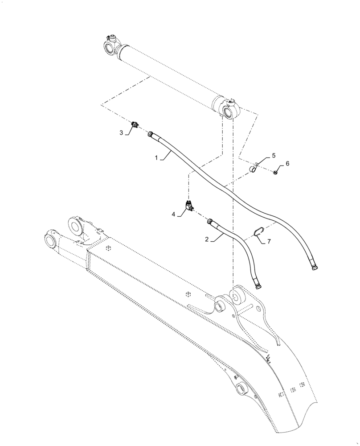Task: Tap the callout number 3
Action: point(120,132)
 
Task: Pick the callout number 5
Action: point(274,155)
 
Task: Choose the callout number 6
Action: point(287,164)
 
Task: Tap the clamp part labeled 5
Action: point(253,169)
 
